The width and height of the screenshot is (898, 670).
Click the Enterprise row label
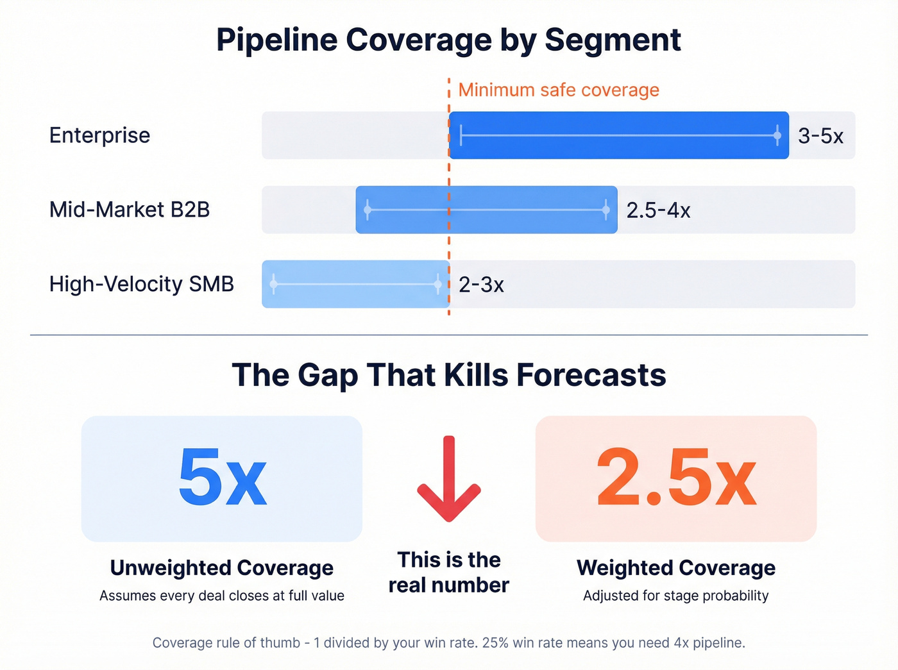[99, 135]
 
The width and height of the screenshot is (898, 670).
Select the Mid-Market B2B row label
[130, 210]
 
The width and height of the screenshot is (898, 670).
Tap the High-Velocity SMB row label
[142, 284]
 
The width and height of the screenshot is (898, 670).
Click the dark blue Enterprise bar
[618, 135]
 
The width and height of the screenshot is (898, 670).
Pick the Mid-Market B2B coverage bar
[486, 210]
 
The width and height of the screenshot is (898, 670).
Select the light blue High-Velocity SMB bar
[355, 284]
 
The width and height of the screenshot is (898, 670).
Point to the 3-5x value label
[820, 136]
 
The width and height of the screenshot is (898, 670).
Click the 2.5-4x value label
[658, 210]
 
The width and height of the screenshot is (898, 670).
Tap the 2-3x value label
[481, 285]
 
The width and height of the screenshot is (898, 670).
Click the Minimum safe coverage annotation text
[558, 90]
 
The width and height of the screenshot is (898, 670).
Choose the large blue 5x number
[222, 478]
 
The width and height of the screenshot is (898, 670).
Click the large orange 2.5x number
[676, 478]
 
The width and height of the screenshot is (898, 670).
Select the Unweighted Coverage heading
[222, 568]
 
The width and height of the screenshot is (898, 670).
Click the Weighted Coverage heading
[676, 568]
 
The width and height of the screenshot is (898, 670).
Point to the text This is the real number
[449, 572]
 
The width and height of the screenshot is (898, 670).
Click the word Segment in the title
[613, 40]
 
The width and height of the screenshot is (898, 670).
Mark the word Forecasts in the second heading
[591, 375]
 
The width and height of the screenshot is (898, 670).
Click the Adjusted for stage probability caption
[676, 596]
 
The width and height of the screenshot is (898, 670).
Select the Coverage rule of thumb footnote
[449, 642]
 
